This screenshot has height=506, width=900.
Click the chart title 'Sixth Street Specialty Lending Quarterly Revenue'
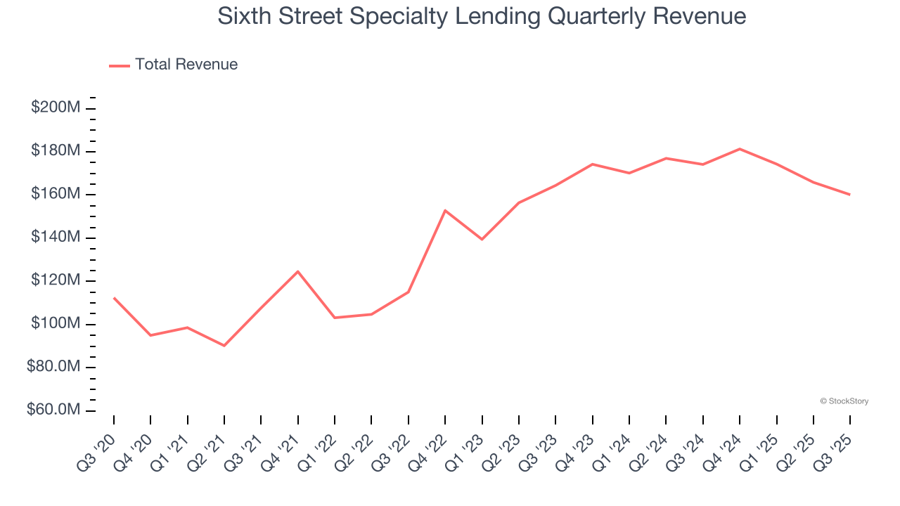[482, 16]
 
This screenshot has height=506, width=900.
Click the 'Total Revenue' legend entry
[186, 65]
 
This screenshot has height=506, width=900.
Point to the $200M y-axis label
[54, 108]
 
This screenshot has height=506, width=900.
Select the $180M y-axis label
[54, 151]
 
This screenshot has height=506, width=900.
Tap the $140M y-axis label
[54, 238]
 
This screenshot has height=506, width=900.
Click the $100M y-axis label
[54, 324]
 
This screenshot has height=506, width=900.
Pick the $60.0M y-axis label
[53, 410]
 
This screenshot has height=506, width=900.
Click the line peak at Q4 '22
[445, 210]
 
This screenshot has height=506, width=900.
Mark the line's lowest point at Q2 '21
[224, 346]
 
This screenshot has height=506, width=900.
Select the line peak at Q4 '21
[298, 271]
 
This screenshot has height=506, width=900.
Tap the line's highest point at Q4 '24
[740, 149]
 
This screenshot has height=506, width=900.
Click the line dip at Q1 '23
[482, 240]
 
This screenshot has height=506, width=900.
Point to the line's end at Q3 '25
[850, 195]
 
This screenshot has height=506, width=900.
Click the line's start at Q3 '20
[114, 298]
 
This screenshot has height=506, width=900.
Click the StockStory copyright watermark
[844, 401]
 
